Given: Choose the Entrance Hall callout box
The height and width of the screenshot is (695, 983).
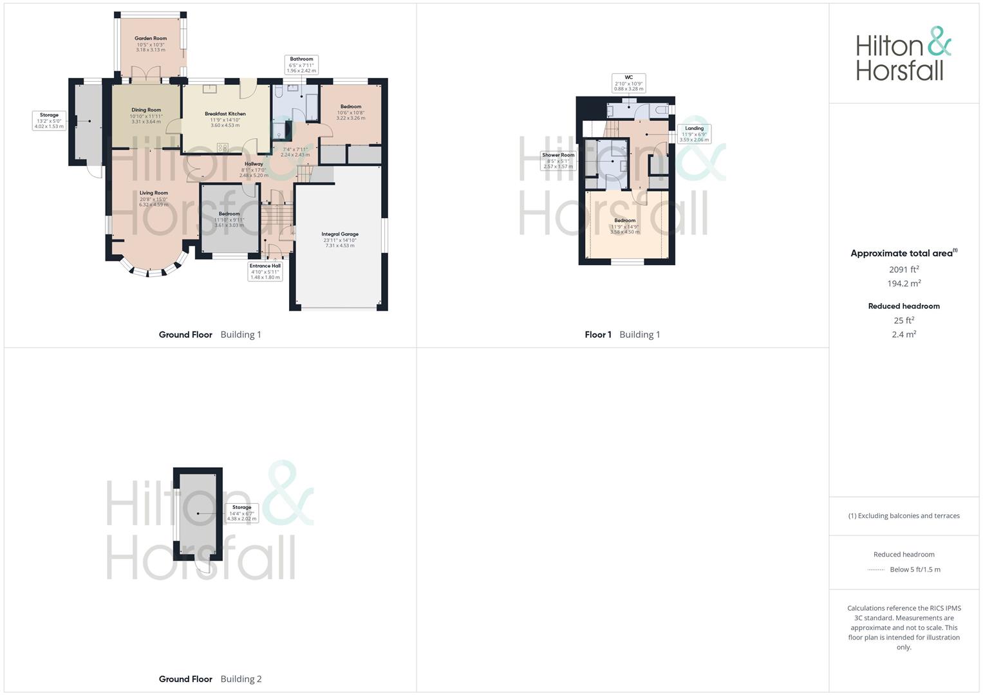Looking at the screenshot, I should click(x=265, y=271).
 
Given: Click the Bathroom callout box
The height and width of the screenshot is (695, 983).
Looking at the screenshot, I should click(x=301, y=64).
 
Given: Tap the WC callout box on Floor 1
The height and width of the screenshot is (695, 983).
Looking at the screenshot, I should click(x=628, y=83).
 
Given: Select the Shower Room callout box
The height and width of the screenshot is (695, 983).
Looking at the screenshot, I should click(x=558, y=160).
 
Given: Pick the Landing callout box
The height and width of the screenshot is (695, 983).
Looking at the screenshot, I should click(x=694, y=134).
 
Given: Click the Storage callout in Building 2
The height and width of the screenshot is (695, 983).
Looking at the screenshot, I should click(x=241, y=513).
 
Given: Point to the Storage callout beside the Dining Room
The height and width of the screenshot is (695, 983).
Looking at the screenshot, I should click(x=49, y=120).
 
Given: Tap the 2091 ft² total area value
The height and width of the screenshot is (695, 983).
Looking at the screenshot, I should click(x=904, y=270).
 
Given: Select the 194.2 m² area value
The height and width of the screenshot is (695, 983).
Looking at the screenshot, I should click(x=904, y=284).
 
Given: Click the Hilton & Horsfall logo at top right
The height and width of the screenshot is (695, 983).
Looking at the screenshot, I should click(x=903, y=53).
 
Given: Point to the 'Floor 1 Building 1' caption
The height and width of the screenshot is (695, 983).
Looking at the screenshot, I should click(x=622, y=335).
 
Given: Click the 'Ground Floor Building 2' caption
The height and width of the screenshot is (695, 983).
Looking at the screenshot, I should click(x=210, y=679).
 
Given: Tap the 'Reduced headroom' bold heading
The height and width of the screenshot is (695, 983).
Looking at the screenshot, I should click(x=904, y=306).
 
